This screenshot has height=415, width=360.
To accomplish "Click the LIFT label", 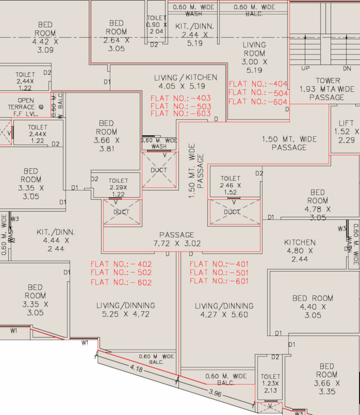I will tap(346, 123).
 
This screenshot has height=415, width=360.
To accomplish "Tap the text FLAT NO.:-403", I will tap(180, 98).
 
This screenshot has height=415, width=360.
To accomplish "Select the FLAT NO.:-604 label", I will tap(258, 101).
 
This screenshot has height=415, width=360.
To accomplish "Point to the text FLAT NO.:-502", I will tap(121, 273).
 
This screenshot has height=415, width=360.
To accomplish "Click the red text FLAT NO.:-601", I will tap(219, 281).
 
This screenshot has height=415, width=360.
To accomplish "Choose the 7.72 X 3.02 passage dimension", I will tap(177, 243).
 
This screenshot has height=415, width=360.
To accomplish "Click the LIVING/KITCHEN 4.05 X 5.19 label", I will tap(185, 82).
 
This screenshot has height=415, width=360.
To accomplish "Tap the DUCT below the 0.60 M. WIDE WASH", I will tap(159, 170).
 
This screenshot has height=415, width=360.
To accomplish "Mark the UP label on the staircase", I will tap(305, 68).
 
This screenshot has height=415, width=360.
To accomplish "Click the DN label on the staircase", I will tap(347, 68).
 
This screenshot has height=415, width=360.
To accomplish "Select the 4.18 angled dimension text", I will tap(136, 368).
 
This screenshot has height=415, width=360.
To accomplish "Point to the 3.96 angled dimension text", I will tap(216, 393).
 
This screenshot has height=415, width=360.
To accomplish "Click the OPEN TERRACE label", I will tap(25, 104).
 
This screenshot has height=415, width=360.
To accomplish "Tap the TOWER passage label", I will tap(328, 89).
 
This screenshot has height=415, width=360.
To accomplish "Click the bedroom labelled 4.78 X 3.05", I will tap(317, 205).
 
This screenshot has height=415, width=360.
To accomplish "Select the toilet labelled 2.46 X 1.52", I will tap(230, 185).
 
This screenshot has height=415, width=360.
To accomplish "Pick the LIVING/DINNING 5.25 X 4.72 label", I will tap(125, 310).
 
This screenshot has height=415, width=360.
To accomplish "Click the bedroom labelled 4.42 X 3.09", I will tap(45, 37).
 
